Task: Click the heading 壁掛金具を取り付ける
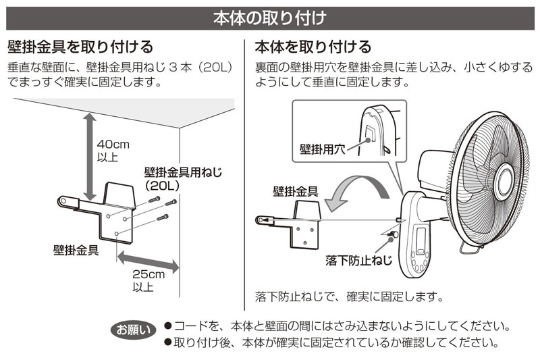(80, 47)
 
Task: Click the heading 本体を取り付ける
(313, 47)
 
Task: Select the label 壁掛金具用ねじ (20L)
(182, 177)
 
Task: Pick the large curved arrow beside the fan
(356, 188)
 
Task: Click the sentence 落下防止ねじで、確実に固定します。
(348, 297)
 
